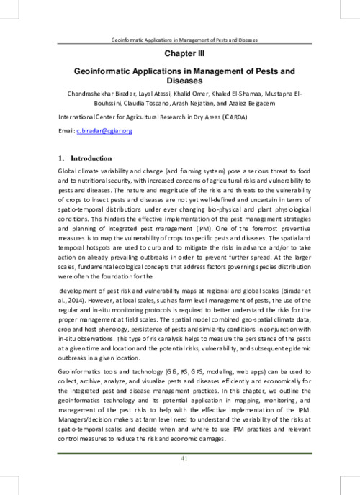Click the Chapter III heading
click(179, 53)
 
